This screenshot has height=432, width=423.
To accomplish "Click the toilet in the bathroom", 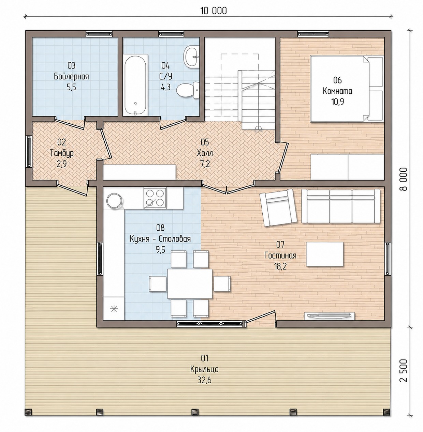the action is (188, 90).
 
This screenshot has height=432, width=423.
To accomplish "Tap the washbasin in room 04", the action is (191, 57).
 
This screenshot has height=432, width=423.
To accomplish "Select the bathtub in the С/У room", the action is (135, 84).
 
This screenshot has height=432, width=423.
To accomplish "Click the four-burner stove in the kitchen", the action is (155, 198).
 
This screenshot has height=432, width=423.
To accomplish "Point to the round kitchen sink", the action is (114, 200).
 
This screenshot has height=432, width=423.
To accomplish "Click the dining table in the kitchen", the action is (190, 284).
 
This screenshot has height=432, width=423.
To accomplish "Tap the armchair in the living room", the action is (278, 207).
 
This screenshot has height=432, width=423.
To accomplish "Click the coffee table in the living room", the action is (324, 254).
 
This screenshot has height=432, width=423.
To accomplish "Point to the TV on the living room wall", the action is (329, 316).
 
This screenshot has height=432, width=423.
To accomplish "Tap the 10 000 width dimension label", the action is (214, 11).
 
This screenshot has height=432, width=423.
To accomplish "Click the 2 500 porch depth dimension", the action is (404, 374).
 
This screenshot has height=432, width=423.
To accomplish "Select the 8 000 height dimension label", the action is (404, 179).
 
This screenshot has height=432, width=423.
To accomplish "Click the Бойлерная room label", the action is (71, 77).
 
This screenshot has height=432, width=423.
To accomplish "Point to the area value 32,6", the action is (204, 380).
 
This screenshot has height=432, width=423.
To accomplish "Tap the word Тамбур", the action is (62, 153).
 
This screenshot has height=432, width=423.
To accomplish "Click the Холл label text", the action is (205, 153).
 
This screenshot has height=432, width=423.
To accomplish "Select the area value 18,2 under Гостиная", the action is (280, 266).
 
